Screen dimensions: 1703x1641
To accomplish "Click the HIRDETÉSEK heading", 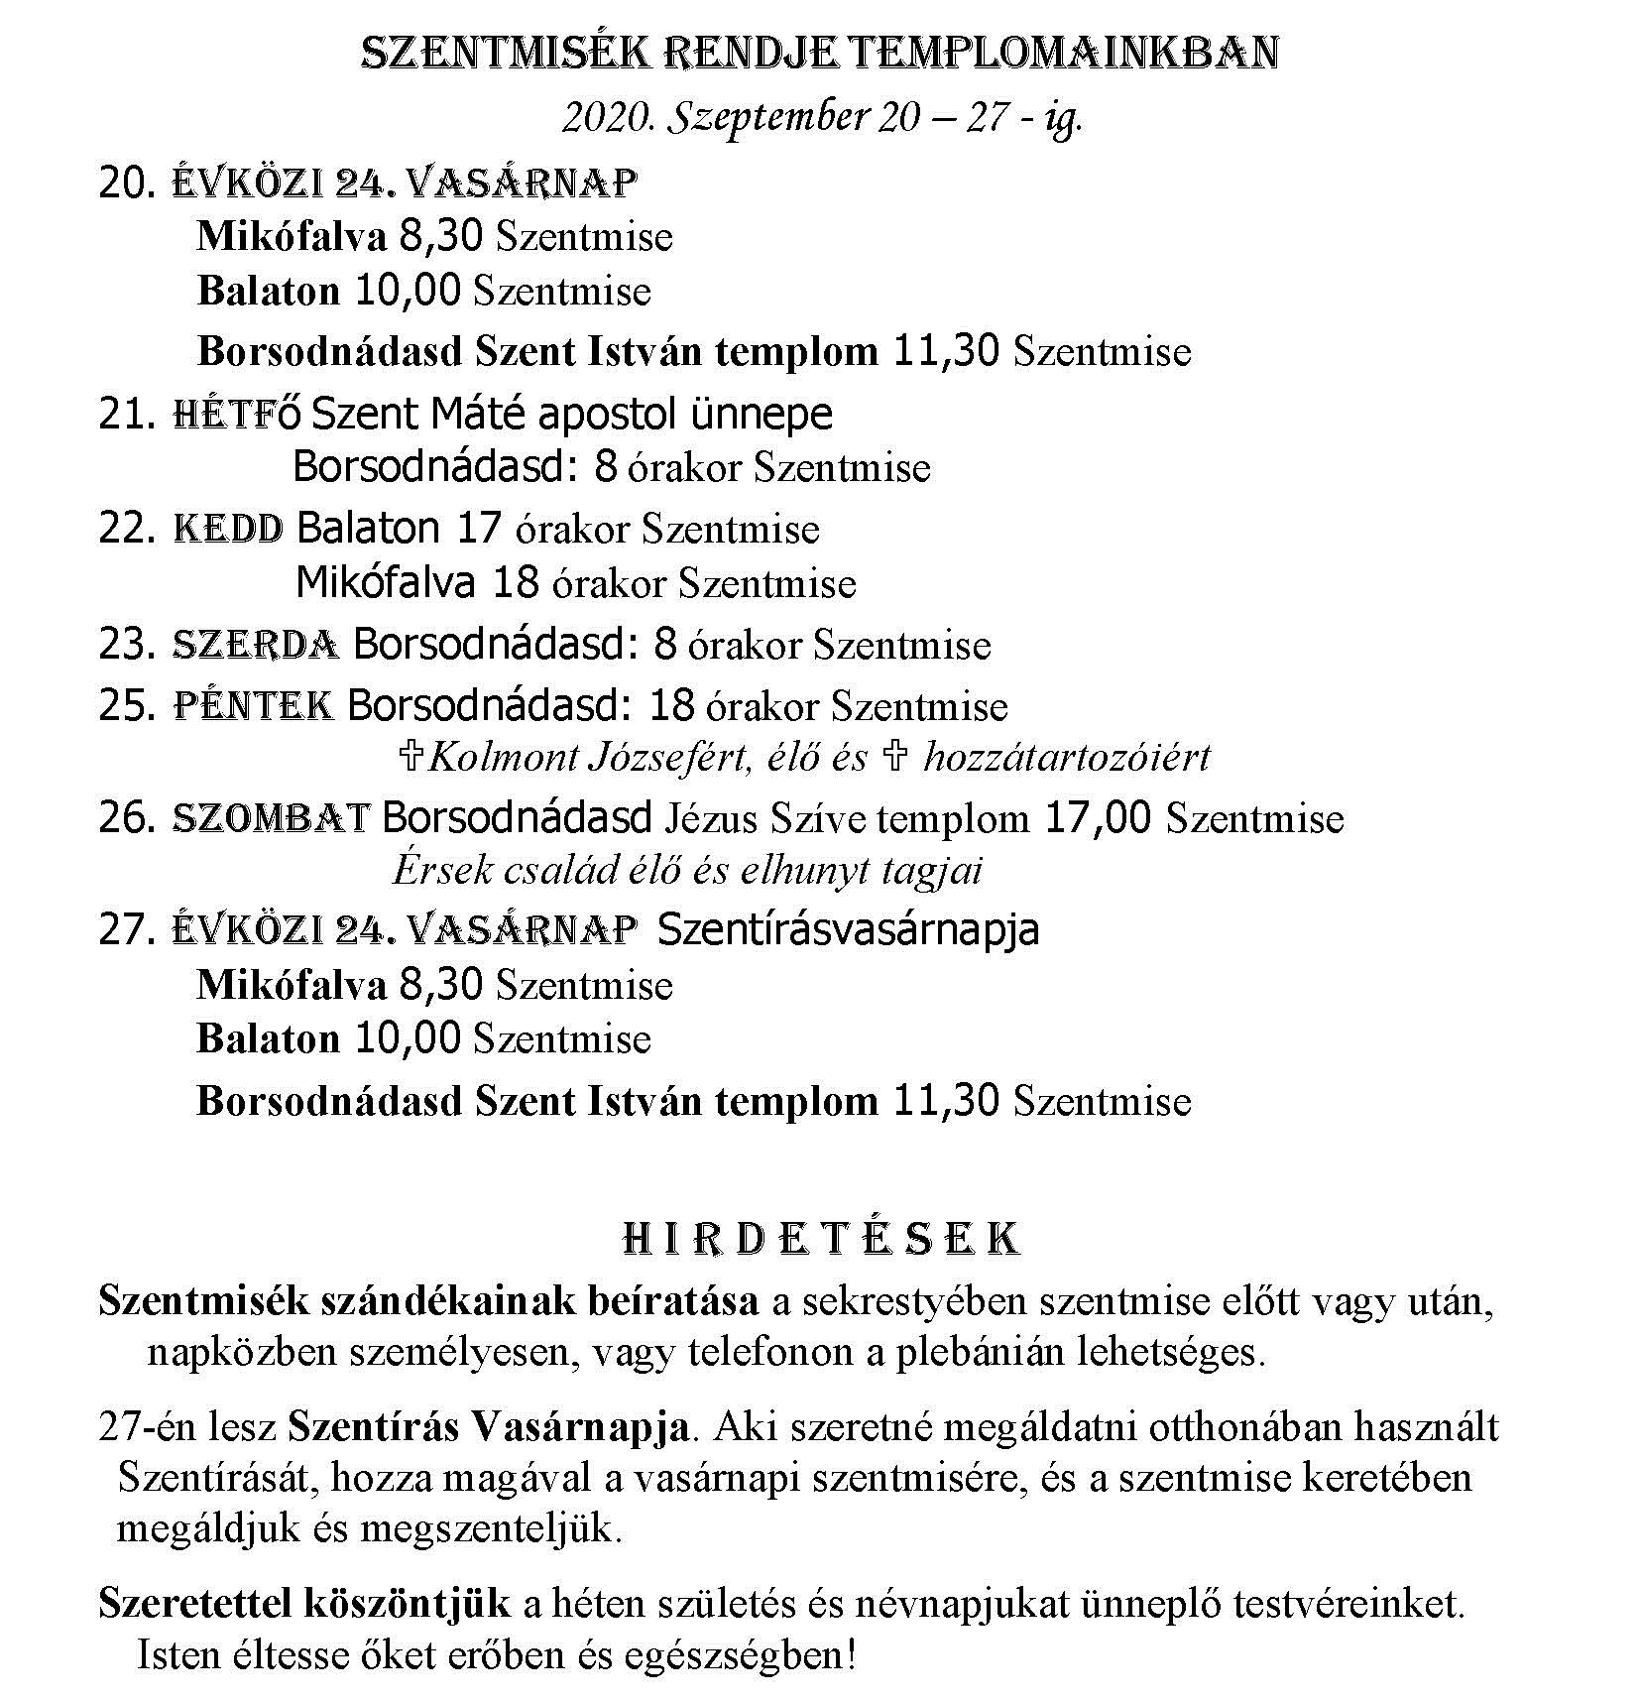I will coord(820,1240).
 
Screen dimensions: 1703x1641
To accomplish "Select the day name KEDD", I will coord(228,529).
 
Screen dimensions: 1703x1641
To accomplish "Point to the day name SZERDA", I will coord(256,645).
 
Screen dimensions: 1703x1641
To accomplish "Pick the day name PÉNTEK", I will coord(253,705).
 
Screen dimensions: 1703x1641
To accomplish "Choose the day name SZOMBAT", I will coord(272,818).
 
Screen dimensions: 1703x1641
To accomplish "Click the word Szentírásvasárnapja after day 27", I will coord(848,929).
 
